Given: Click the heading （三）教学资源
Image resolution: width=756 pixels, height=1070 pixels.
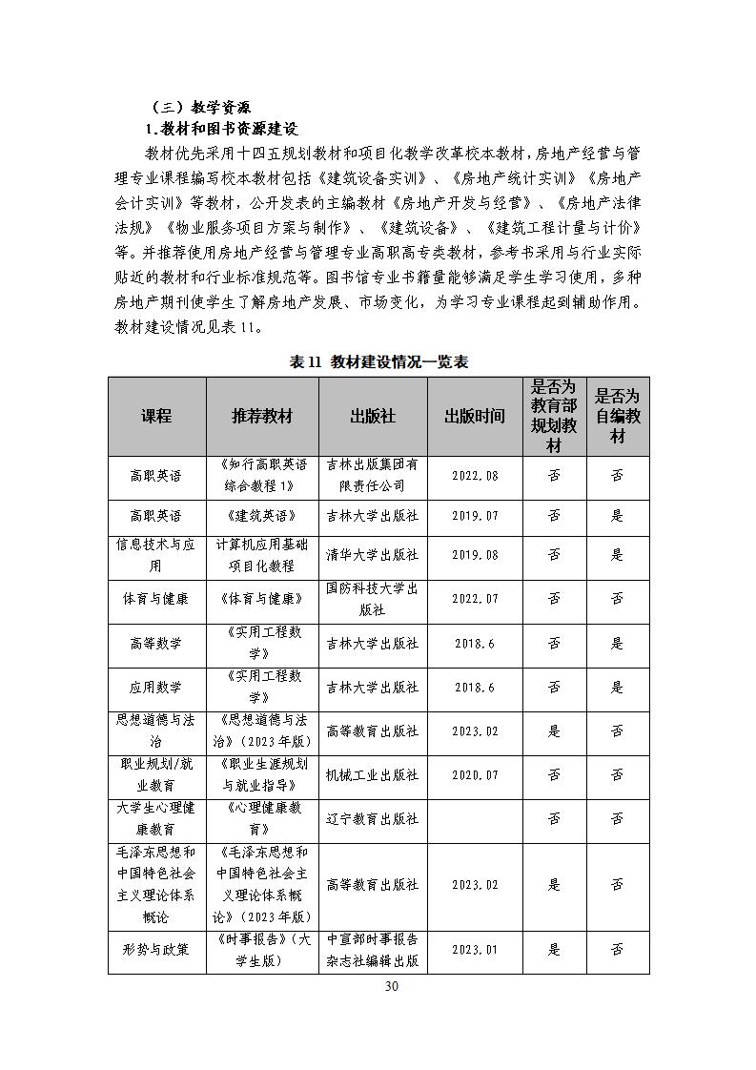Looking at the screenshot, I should [x=199, y=107].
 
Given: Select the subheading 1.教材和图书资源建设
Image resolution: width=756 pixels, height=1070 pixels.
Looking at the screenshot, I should [x=222, y=129].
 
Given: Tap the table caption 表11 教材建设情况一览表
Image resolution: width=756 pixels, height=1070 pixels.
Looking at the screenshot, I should [x=378, y=361].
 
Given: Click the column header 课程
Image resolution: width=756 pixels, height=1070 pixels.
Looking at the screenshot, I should [x=156, y=417].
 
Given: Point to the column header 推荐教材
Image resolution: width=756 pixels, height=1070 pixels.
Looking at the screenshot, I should [x=262, y=417].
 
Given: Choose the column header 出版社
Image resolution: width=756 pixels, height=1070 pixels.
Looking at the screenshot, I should [x=373, y=417].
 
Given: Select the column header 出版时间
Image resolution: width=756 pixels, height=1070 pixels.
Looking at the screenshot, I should [x=475, y=417].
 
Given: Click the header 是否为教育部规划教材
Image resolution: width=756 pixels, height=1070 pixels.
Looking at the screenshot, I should [x=554, y=417].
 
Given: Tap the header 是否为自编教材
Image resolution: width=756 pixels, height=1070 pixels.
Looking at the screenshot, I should [x=618, y=417].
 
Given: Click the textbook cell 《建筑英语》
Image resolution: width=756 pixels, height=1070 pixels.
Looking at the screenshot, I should [x=262, y=516].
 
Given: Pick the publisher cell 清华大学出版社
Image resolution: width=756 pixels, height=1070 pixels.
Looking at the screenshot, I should [x=373, y=554].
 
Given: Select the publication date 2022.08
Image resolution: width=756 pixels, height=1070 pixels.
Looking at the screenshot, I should [x=475, y=475].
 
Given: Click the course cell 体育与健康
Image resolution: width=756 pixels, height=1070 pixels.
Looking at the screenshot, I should [x=156, y=599].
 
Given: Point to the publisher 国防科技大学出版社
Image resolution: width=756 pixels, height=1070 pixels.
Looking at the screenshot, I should [x=373, y=599].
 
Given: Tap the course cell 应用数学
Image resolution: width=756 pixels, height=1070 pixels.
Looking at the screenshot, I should [x=156, y=687].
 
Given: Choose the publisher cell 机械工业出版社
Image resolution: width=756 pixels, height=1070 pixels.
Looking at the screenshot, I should [x=373, y=775].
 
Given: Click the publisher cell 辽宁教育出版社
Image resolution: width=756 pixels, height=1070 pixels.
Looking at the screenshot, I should [x=373, y=818].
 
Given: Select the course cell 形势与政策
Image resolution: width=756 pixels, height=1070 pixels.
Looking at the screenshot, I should [x=156, y=950].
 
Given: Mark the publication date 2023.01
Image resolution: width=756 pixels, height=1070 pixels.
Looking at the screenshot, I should [x=475, y=950].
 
